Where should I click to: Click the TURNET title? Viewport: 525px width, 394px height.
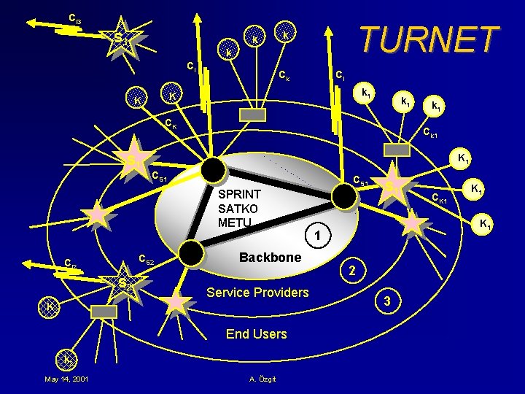(x=429, y=39)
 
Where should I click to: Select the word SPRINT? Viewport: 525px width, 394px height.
(x=239, y=196)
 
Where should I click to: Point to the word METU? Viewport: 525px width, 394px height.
(x=235, y=222)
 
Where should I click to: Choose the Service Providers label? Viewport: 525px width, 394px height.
(x=258, y=293)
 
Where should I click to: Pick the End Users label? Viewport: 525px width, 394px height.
(x=257, y=334)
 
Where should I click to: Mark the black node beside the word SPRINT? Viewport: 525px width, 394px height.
(x=214, y=169)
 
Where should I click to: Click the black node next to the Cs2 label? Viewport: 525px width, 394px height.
(x=191, y=252)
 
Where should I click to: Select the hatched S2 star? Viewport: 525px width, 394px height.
(x=123, y=282)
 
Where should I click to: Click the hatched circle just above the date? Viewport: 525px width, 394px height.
(x=66, y=360)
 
